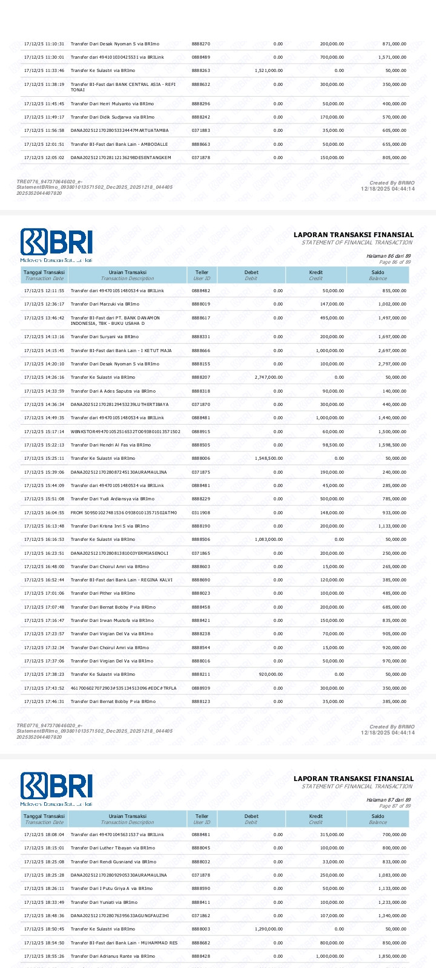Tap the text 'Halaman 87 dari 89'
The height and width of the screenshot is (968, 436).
coord(388,800)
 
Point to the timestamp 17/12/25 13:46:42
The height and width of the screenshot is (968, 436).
coord(44,318)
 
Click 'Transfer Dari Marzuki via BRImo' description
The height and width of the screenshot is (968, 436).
coord(105,304)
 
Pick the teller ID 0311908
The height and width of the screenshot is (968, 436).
coord(201,512)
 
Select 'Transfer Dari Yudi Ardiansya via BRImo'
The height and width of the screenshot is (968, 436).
coord(113,499)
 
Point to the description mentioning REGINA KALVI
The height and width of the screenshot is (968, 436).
coord(121,580)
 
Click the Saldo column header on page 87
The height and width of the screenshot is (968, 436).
coord(378,819)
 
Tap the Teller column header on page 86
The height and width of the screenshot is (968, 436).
coord(202,275)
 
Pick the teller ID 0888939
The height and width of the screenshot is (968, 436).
coord(201,688)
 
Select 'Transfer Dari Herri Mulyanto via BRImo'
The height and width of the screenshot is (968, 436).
coord(104,104)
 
